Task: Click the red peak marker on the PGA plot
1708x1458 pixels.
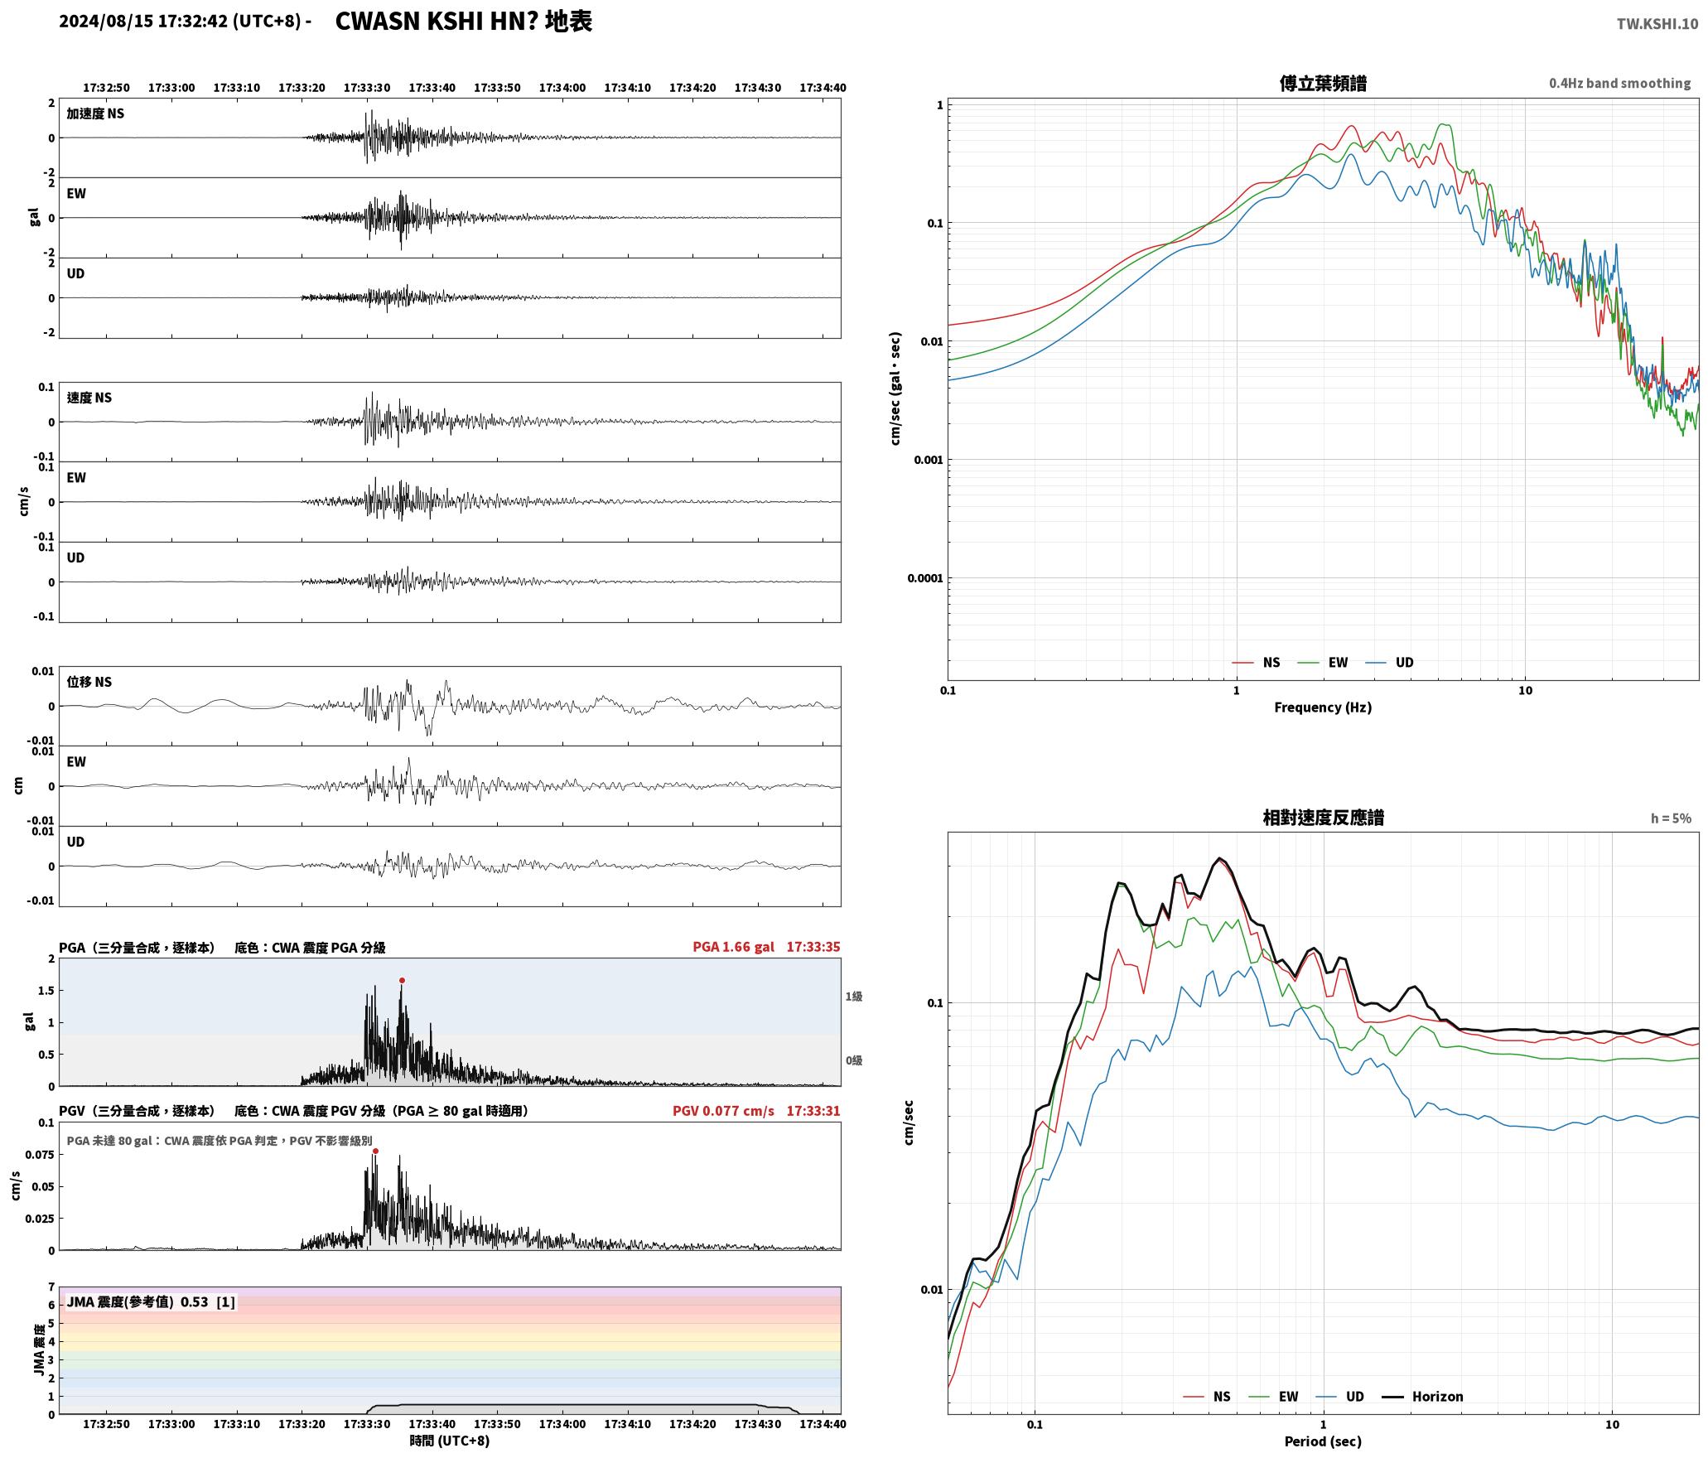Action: [402, 980]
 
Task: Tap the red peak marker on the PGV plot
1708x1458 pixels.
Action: [375, 1151]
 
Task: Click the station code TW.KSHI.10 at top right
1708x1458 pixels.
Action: [1657, 24]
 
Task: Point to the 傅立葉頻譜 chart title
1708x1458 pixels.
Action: [1323, 84]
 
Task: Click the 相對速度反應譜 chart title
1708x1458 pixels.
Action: [1323, 818]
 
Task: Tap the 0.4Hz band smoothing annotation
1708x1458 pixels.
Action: [1619, 83]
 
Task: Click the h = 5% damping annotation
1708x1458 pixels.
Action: [1671, 818]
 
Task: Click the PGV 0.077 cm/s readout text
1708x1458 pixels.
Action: [723, 1111]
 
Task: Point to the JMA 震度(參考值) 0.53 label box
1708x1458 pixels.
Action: [151, 1301]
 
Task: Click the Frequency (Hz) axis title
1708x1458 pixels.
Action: [1323, 707]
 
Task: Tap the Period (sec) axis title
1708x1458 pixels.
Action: [1323, 1441]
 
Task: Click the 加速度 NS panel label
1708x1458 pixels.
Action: [95, 113]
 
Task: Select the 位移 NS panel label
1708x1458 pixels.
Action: [89, 682]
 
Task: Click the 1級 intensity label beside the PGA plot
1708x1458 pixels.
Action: [854, 997]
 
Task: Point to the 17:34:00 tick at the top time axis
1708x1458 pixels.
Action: [562, 87]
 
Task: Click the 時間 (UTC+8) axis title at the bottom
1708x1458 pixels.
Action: [450, 1441]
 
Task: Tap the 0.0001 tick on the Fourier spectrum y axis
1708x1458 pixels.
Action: [925, 578]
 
